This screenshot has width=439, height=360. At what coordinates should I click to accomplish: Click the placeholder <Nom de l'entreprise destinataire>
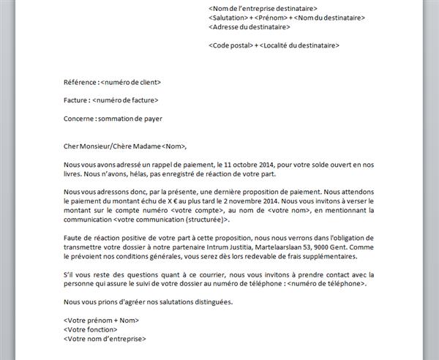click(263, 8)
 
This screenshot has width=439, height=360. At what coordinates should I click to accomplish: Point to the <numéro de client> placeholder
click(130, 82)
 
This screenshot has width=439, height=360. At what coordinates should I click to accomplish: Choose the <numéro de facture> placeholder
click(125, 100)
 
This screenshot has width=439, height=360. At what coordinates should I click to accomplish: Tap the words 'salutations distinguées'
click(209, 301)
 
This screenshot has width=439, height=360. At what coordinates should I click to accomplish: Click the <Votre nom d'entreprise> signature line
click(105, 339)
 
